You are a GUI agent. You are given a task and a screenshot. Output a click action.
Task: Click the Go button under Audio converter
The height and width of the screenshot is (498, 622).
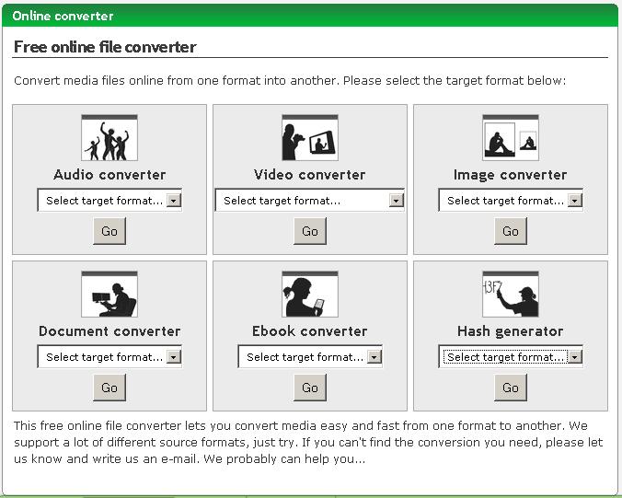click(x=109, y=231)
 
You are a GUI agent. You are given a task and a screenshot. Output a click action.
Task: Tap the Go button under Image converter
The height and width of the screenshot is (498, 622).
click(x=511, y=231)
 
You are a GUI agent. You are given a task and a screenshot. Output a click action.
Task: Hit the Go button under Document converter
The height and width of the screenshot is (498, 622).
click(x=109, y=388)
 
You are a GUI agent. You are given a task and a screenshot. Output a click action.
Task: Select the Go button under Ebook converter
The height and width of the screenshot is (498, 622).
click(x=310, y=388)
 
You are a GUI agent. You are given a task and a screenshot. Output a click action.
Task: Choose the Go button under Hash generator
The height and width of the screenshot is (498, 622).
click(x=511, y=388)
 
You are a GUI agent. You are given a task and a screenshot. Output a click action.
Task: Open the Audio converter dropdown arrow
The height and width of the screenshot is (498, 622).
click(x=173, y=201)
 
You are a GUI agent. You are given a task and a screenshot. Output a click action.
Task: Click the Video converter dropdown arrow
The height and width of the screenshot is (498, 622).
click(x=396, y=201)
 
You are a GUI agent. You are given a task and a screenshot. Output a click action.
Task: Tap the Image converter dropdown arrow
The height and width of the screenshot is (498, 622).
click(x=574, y=201)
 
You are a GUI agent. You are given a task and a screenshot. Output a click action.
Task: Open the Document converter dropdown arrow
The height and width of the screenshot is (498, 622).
click(x=173, y=357)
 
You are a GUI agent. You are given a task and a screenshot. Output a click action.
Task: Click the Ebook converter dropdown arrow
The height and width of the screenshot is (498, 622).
click(x=374, y=357)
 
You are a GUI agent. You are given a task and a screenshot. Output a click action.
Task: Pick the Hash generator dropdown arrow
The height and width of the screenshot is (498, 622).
click(x=574, y=357)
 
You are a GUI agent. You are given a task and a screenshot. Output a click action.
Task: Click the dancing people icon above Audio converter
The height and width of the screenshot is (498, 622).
click(x=109, y=138)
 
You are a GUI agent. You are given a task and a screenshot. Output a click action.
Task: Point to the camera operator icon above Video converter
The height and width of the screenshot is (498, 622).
click(x=310, y=138)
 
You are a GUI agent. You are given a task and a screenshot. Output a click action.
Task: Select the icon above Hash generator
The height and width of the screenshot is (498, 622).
click(x=511, y=294)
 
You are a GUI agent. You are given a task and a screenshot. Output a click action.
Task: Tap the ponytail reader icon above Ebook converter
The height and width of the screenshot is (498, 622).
click(x=310, y=294)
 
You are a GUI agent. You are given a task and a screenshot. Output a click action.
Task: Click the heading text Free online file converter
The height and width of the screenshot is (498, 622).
click(x=105, y=47)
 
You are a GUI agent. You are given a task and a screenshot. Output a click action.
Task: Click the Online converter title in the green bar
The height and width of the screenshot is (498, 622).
click(x=63, y=16)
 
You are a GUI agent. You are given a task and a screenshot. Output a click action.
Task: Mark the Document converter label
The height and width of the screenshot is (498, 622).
click(x=109, y=331)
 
